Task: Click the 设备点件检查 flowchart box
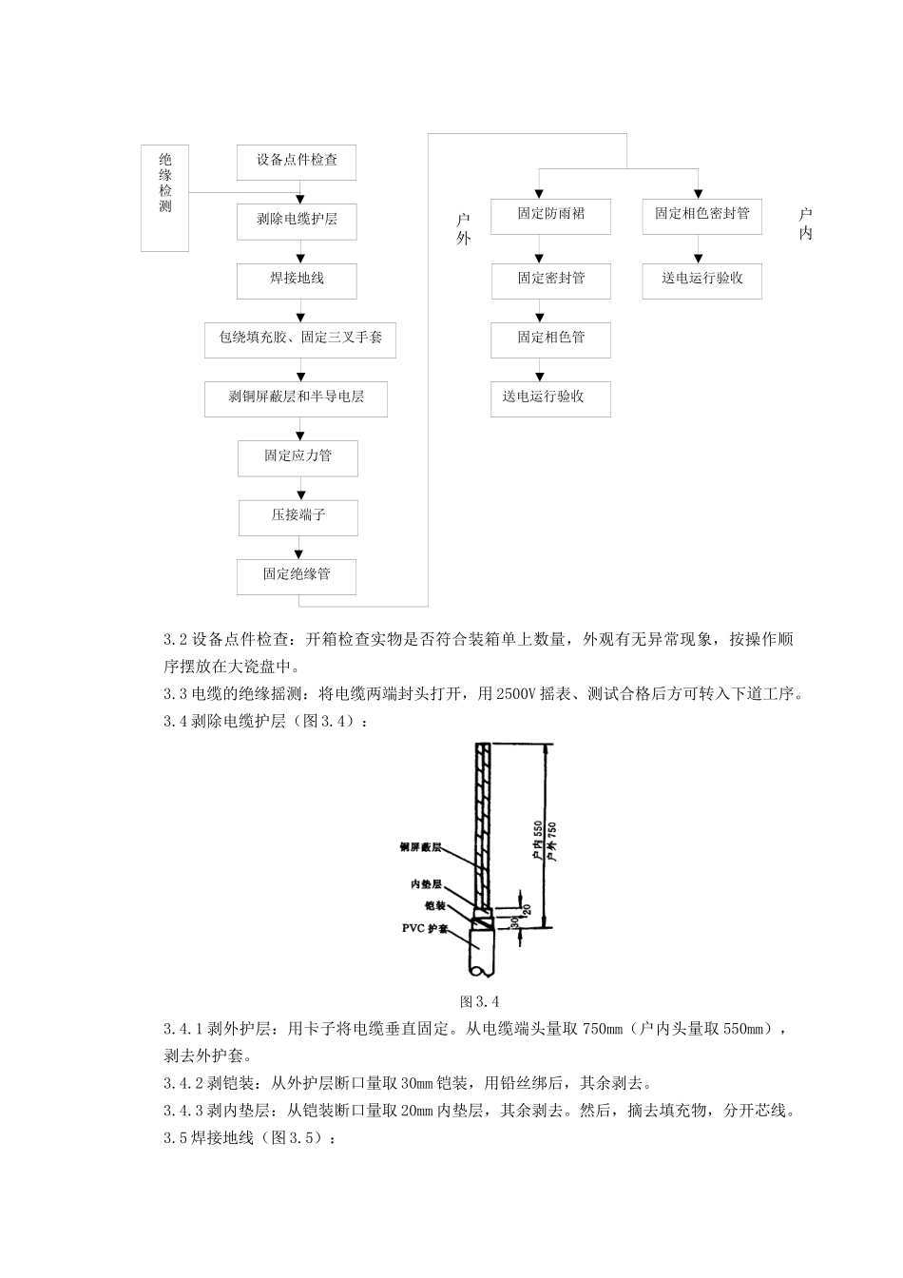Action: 297,161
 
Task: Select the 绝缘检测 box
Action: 164,198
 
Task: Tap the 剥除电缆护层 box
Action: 297,220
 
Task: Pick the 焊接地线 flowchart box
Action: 297,280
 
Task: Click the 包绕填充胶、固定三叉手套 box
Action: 300,339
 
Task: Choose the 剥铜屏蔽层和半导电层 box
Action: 297,398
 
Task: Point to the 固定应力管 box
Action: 297,456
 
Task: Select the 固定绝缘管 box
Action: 297,575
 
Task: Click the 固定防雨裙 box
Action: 550,216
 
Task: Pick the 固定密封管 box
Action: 550,279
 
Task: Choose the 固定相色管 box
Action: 550,339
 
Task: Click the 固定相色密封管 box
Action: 701,216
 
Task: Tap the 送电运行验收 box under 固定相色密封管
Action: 701,280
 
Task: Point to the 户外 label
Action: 464,229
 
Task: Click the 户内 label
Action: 806,224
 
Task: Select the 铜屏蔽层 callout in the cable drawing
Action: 419,845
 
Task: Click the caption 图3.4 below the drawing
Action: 479,1001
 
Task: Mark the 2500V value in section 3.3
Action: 517,693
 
